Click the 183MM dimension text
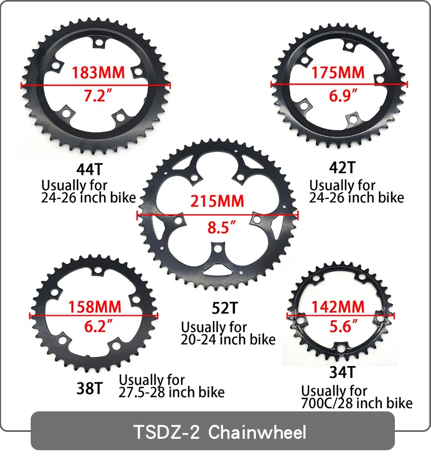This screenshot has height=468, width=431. (98, 73)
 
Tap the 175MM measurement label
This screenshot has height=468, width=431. (338, 73)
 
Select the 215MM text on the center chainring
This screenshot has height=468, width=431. (217, 201)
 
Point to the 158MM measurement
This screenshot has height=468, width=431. (95, 307)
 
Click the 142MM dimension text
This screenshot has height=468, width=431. (338, 307)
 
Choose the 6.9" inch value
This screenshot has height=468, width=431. (343, 95)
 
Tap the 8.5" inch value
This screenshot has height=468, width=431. (221, 228)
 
